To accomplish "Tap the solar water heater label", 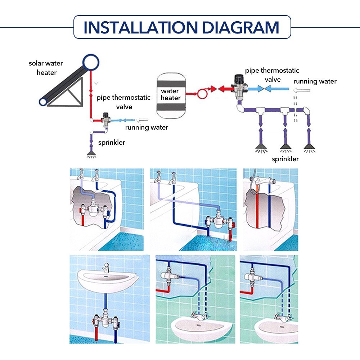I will (46, 68).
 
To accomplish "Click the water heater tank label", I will (171, 94).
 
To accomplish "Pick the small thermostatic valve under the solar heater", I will (106, 119).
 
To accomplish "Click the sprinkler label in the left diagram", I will (112, 143).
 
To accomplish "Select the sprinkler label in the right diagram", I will (285, 159).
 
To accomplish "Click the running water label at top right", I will (315, 81).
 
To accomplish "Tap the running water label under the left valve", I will (147, 127).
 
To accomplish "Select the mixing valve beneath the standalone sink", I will (106, 319).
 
